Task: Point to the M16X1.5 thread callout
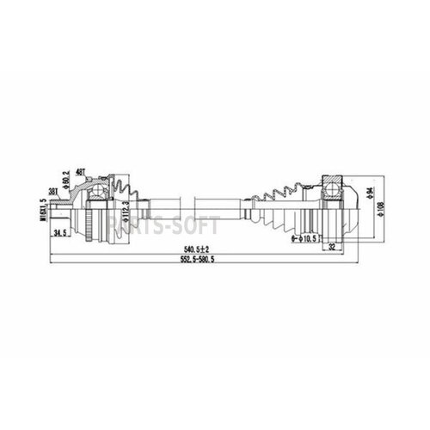(41, 206)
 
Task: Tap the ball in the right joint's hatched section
(331, 190)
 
